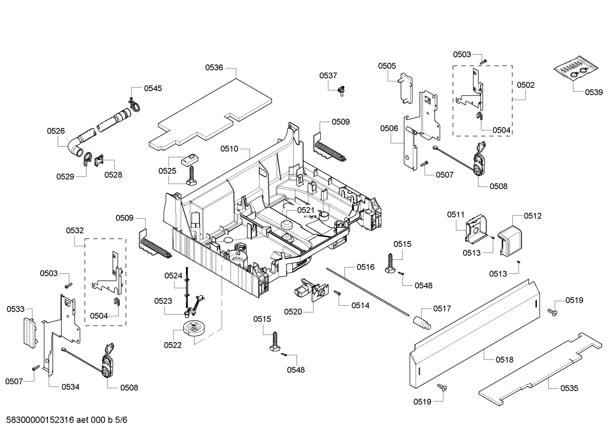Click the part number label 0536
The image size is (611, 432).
pos(214,67)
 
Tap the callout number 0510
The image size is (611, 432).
pos(229,149)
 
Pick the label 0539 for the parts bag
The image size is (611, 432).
pos(594,92)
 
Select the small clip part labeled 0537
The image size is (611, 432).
pos(340,90)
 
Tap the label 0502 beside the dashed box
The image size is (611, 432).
pos(525,85)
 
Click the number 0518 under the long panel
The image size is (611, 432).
pos(504,360)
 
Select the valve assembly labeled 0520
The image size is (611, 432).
pos(309,290)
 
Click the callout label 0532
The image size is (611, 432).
pos(75,230)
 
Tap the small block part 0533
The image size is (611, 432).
pos(29,332)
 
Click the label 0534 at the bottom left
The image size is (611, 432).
pos(70,387)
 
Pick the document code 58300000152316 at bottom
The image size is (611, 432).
pos(41,420)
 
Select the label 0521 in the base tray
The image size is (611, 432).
pos(305,210)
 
